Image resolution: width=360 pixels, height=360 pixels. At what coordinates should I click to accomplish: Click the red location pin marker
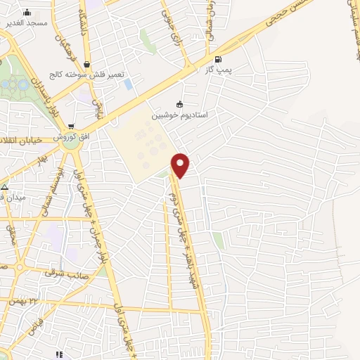point(181,165)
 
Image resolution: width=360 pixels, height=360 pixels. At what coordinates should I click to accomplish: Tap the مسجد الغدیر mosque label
point(26,22)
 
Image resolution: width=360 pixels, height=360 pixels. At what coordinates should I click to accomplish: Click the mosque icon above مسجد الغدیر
point(27,12)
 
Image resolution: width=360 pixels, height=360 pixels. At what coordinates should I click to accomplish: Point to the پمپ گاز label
point(218,69)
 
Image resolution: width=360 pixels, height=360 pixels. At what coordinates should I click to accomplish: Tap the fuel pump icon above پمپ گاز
point(217,59)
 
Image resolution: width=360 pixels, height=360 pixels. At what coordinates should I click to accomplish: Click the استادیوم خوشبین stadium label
point(179,113)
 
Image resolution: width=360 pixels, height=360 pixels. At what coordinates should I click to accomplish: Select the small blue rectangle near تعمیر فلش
point(128,84)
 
